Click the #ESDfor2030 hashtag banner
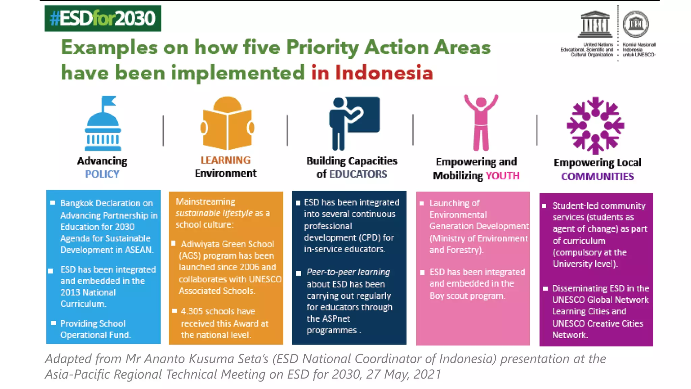point(103,19)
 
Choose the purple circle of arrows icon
point(595,125)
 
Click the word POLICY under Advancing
point(102,174)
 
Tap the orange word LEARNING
point(225,160)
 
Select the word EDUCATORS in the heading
point(358,174)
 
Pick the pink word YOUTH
point(502,176)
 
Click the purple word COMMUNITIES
point(597,177)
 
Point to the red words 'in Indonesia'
point(372,73)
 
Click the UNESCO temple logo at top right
point(595,24)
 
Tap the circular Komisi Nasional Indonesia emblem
point(636,24)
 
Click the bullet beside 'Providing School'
point(53,323)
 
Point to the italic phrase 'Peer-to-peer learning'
point(348,272)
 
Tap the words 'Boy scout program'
point(467,296)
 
